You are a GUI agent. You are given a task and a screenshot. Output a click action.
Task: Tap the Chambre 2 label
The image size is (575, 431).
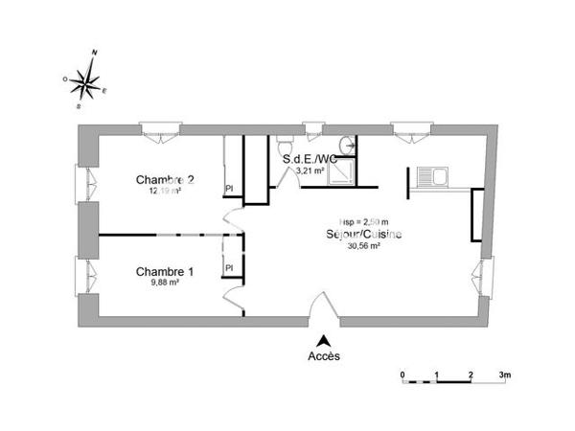pos(165,179)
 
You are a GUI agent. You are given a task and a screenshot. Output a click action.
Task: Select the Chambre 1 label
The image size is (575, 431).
pos(165,271)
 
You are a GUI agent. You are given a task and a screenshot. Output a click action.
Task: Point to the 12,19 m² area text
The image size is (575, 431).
pos(164,191)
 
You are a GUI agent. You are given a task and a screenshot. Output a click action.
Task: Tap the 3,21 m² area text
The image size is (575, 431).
pos(310,170)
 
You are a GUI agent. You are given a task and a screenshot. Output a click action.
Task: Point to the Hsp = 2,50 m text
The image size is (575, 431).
pos(363,221)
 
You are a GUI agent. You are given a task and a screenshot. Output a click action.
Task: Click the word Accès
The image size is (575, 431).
pos(325,356)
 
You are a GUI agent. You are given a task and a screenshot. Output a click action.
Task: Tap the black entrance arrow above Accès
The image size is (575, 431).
pos(325,339)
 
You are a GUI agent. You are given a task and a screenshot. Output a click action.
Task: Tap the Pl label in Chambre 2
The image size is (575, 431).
pos(229,189)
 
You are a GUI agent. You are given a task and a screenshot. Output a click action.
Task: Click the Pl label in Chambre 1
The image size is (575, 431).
pos(229,268)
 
